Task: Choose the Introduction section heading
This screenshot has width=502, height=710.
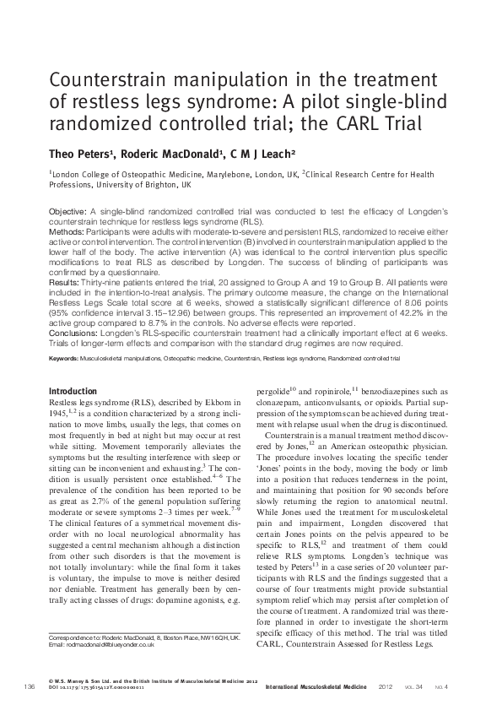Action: point(73,392)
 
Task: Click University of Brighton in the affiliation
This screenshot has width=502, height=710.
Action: point(156,183)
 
